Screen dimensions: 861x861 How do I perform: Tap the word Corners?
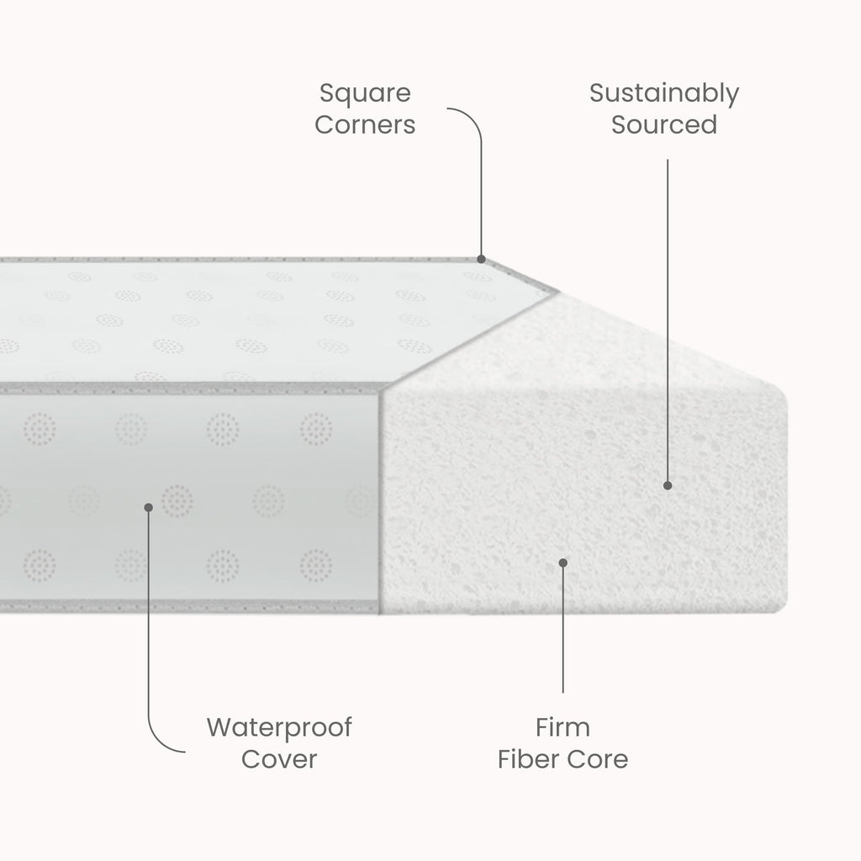(365, 124)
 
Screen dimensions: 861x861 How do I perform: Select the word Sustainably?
(664, 94)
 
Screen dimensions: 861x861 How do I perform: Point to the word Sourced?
(664, 124)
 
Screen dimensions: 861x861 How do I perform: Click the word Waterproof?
(279, 728)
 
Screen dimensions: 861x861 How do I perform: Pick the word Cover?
(279, 759)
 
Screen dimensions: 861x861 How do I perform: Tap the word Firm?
(563, 727)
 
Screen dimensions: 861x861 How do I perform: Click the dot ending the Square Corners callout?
(482, 259)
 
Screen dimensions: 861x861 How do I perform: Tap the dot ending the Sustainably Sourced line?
(668, 485)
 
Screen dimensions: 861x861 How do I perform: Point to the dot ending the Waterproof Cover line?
(148, 507)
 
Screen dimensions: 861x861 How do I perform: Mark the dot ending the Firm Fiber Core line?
(563, 563)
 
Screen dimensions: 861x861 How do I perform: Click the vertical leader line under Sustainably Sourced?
(668, 321)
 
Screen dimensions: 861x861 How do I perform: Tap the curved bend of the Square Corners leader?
(473, 118)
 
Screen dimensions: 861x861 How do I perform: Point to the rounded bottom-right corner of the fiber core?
(782, 608)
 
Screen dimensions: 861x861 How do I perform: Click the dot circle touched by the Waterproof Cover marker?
(177, 501)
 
